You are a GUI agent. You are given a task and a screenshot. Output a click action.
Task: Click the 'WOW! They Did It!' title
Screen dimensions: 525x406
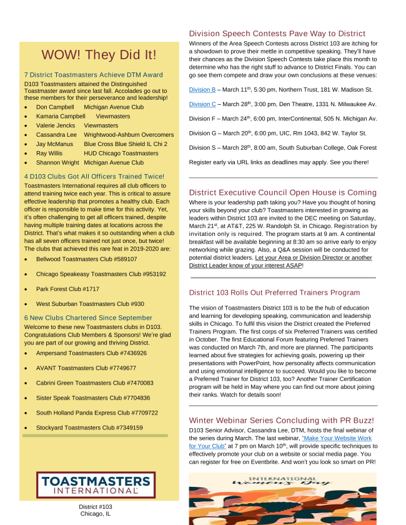click(x=99, y=56)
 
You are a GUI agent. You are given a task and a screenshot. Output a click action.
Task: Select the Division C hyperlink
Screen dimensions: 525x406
click(x=202, y=104)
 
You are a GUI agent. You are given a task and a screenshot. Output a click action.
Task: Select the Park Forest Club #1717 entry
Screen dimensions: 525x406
click(x=67, y=289)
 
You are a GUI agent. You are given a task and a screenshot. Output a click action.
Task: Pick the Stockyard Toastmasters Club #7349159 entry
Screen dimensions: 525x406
click(x=89, y=428)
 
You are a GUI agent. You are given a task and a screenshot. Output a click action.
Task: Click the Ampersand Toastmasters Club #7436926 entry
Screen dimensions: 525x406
click(x=91, y=353)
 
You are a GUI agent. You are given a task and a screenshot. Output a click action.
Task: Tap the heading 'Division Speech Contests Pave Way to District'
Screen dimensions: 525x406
click(x=277, y=34)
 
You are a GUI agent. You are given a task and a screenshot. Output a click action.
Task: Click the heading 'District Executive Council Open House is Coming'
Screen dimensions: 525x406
click(x=282, y=192)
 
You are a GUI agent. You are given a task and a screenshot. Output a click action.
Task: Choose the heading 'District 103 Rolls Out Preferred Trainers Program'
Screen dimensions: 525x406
click(x=283, y=292)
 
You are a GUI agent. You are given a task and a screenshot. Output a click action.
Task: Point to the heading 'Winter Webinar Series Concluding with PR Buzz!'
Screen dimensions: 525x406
click(x=281, y=421)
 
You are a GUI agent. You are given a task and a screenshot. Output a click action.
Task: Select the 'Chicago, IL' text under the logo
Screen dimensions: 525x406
click(x=96, y=514)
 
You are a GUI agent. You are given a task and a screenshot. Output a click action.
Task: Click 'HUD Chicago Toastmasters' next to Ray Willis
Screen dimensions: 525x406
click(x=121, y=153)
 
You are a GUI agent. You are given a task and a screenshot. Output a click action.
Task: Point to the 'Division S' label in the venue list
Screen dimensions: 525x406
click(x=202, y=147)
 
